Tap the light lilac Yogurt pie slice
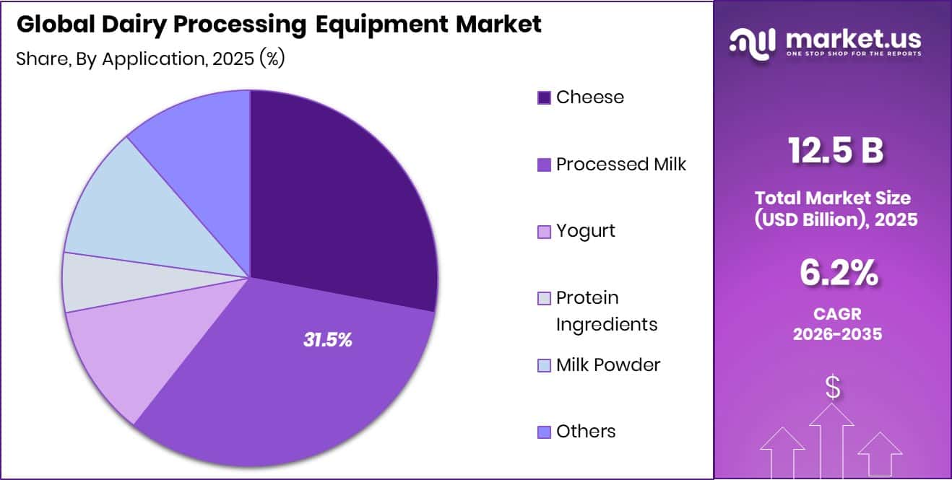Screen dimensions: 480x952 point(116,354)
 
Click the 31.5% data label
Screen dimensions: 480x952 point(327,341)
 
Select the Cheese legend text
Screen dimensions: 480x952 point(589,97)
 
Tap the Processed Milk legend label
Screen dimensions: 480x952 point(620,165)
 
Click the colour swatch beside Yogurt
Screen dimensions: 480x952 point(544,232)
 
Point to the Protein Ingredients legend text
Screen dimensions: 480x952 point(606,311)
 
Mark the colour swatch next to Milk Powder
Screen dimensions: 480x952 point(544,365)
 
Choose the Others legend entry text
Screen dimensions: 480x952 point(586,432)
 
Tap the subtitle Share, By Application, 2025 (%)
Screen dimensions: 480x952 point(150,59)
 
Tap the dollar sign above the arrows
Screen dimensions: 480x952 point(833,388)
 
